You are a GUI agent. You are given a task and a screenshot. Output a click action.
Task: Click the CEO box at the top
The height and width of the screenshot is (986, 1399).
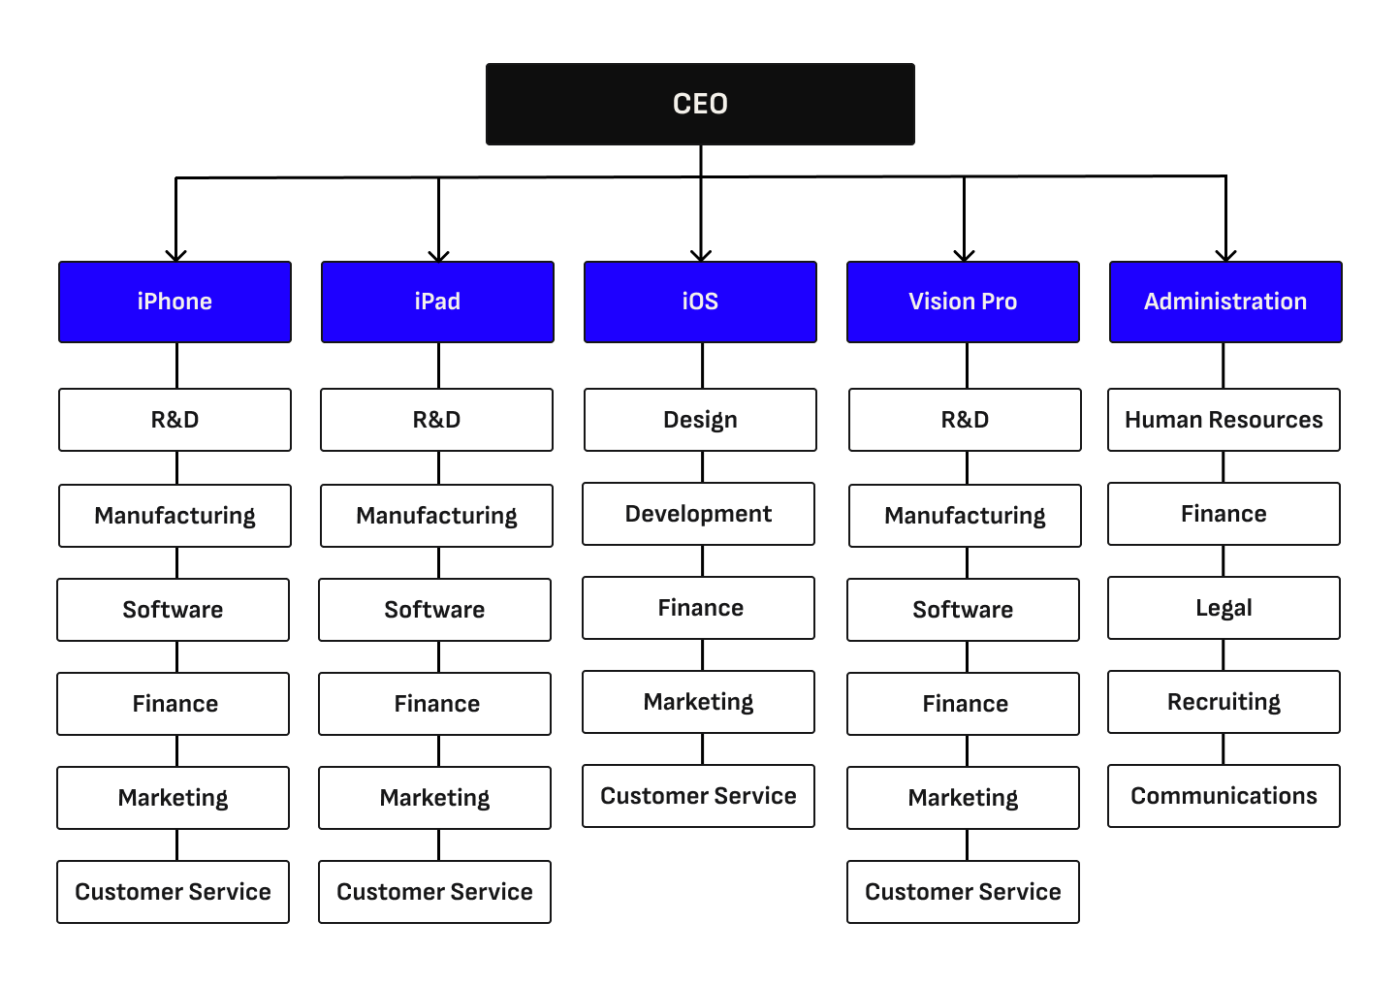[x=700, y=104]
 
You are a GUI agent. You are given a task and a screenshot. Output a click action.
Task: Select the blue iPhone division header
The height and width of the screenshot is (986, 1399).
[x=175, y=302]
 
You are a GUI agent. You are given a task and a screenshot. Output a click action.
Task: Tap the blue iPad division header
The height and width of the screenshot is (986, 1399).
[x=437, y=302]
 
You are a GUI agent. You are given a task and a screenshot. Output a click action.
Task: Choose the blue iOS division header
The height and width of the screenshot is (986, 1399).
[x=700, y=302]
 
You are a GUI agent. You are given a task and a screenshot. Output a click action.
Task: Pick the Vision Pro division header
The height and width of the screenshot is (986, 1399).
[x=963, y=302]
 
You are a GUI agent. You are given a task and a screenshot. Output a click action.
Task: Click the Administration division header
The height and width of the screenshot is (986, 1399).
[x=1225, y=302]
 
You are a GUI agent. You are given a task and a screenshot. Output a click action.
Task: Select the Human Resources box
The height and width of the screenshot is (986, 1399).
[x=1224, y=420]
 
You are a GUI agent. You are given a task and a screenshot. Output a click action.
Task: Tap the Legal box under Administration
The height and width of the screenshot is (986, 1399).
[x=1224, y=608]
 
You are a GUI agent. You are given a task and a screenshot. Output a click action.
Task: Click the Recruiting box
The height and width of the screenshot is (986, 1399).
[x=1224, y=702]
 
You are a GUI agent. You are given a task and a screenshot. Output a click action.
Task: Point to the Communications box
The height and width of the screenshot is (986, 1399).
[x=1224, y=796]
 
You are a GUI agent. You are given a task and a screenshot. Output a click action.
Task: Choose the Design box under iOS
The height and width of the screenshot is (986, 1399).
[x=700, y=420]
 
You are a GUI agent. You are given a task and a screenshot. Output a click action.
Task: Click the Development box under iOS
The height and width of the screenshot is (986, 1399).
[x=698, y=514]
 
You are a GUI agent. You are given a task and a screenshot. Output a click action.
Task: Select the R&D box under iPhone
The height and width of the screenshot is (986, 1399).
[x=175, y=420]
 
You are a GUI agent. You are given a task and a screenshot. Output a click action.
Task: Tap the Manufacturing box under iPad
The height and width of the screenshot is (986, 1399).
[x=436, y=516]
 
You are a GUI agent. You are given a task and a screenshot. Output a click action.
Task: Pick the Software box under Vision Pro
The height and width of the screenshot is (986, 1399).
[x=963, y=610]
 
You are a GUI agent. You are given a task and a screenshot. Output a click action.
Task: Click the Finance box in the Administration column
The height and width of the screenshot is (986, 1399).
[x=1224, y=514]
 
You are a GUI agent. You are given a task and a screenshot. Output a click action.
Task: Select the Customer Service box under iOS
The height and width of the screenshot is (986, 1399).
[x=698, y=796]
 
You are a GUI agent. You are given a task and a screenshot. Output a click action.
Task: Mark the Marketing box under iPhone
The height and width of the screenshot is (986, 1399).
[x=173, y=798]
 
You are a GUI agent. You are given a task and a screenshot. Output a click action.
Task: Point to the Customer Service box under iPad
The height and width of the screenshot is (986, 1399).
[x=434, y=892]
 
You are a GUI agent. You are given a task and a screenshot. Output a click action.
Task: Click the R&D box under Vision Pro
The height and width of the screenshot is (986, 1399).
[x=965, y=420]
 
